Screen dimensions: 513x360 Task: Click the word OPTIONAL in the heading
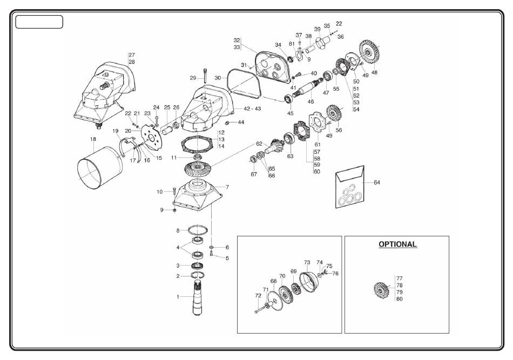pyautogui.click(x=397, y=244)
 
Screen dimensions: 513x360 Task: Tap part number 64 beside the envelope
pyautogui.click(x=377, y=182)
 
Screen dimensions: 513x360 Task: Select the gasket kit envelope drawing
pyautogui.click(x=350, y=187)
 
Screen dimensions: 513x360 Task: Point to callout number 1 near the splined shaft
pyautogui.click(x=178, y=297)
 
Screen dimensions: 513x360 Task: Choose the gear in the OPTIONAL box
pyautogui.click(x=381, y=290)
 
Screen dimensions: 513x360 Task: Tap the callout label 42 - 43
pyautogui.click(x=252, y=108)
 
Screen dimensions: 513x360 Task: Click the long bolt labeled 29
pyautogui.click(x=205, y=76)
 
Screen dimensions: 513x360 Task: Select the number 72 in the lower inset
pyautogui.click(x=258, y=296)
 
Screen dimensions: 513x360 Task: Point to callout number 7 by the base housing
pyautogui.click(x=227, y=187)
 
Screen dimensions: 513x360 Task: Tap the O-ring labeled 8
pyautogui.click(x=197, y=230)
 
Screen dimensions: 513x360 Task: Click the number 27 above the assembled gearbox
pyautogui.click(x=132, y=55)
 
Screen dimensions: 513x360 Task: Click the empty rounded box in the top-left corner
pyautogui.click(x=39, y=22)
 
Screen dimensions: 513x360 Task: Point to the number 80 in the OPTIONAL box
pyautogui.click(x=400, y=299)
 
